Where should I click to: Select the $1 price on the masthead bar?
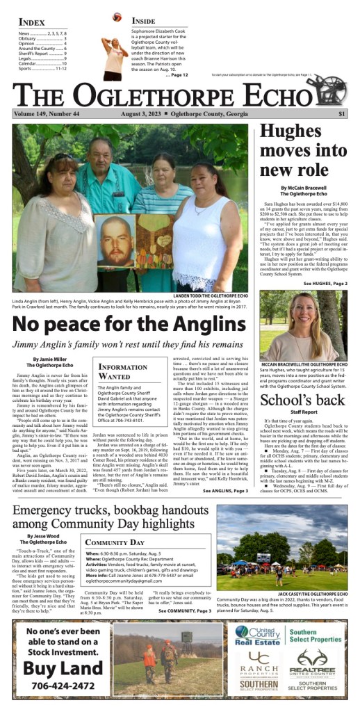click(342, 114)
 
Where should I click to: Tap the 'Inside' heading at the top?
click(144, 22)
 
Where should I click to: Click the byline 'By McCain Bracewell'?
click(304, 188)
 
